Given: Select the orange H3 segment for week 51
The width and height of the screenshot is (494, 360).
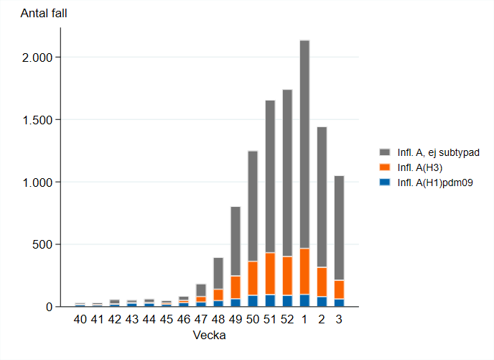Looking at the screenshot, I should coord(270,274).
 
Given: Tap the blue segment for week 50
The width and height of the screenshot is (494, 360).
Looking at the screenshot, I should coord(253,301).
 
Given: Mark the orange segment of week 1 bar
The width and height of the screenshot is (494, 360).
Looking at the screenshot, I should coord(304,271).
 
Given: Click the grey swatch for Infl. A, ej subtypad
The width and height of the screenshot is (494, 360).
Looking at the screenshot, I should coord(385,152).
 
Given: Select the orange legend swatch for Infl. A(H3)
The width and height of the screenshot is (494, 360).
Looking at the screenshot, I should coord(385,167).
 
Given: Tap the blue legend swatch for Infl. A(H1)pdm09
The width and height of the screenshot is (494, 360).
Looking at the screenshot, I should coord(385,181).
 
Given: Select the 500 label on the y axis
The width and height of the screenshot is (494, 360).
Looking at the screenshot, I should coord(45,244).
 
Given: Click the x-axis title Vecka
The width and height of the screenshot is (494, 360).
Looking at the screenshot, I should coord(210,336).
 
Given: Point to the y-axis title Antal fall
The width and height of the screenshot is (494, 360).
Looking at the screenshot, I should coord(44,14).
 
